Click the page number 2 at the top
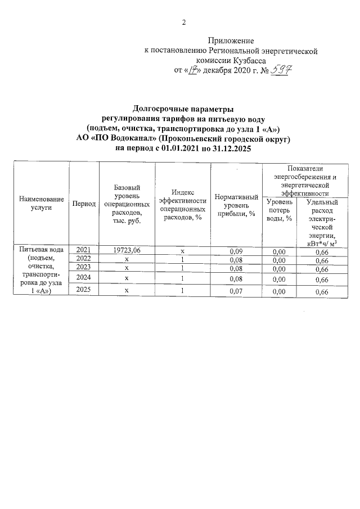click(183, 22)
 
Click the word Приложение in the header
click(231, 41)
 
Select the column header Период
click(84, 203)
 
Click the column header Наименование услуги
click(41, 203)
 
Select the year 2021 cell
click(83, 250)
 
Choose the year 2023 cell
click(83, 268)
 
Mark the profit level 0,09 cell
click(236, 250)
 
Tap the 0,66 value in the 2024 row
click(321, 279)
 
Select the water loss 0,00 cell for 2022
click(279, 260)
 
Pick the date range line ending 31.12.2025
click(182, 148)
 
